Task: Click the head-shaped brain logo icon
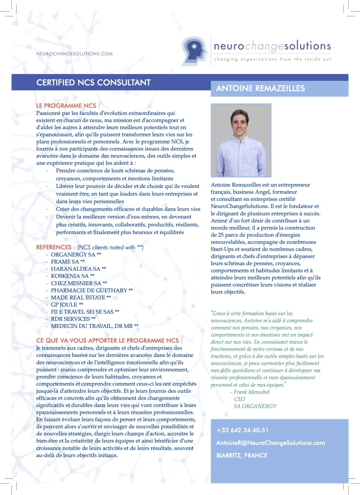(195, 51)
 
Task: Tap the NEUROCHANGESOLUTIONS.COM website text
(74, 54)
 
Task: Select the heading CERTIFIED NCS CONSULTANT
(93, 82)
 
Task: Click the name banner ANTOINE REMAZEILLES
(261, 88)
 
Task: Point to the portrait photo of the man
(241, 140)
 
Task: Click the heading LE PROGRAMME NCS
(68, 106)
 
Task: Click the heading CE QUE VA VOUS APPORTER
(109, 341)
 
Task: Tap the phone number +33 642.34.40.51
(242, 430)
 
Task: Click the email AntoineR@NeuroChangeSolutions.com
(270, 443)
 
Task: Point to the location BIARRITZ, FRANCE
(242, 456)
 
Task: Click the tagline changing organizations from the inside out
(272, 59)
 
